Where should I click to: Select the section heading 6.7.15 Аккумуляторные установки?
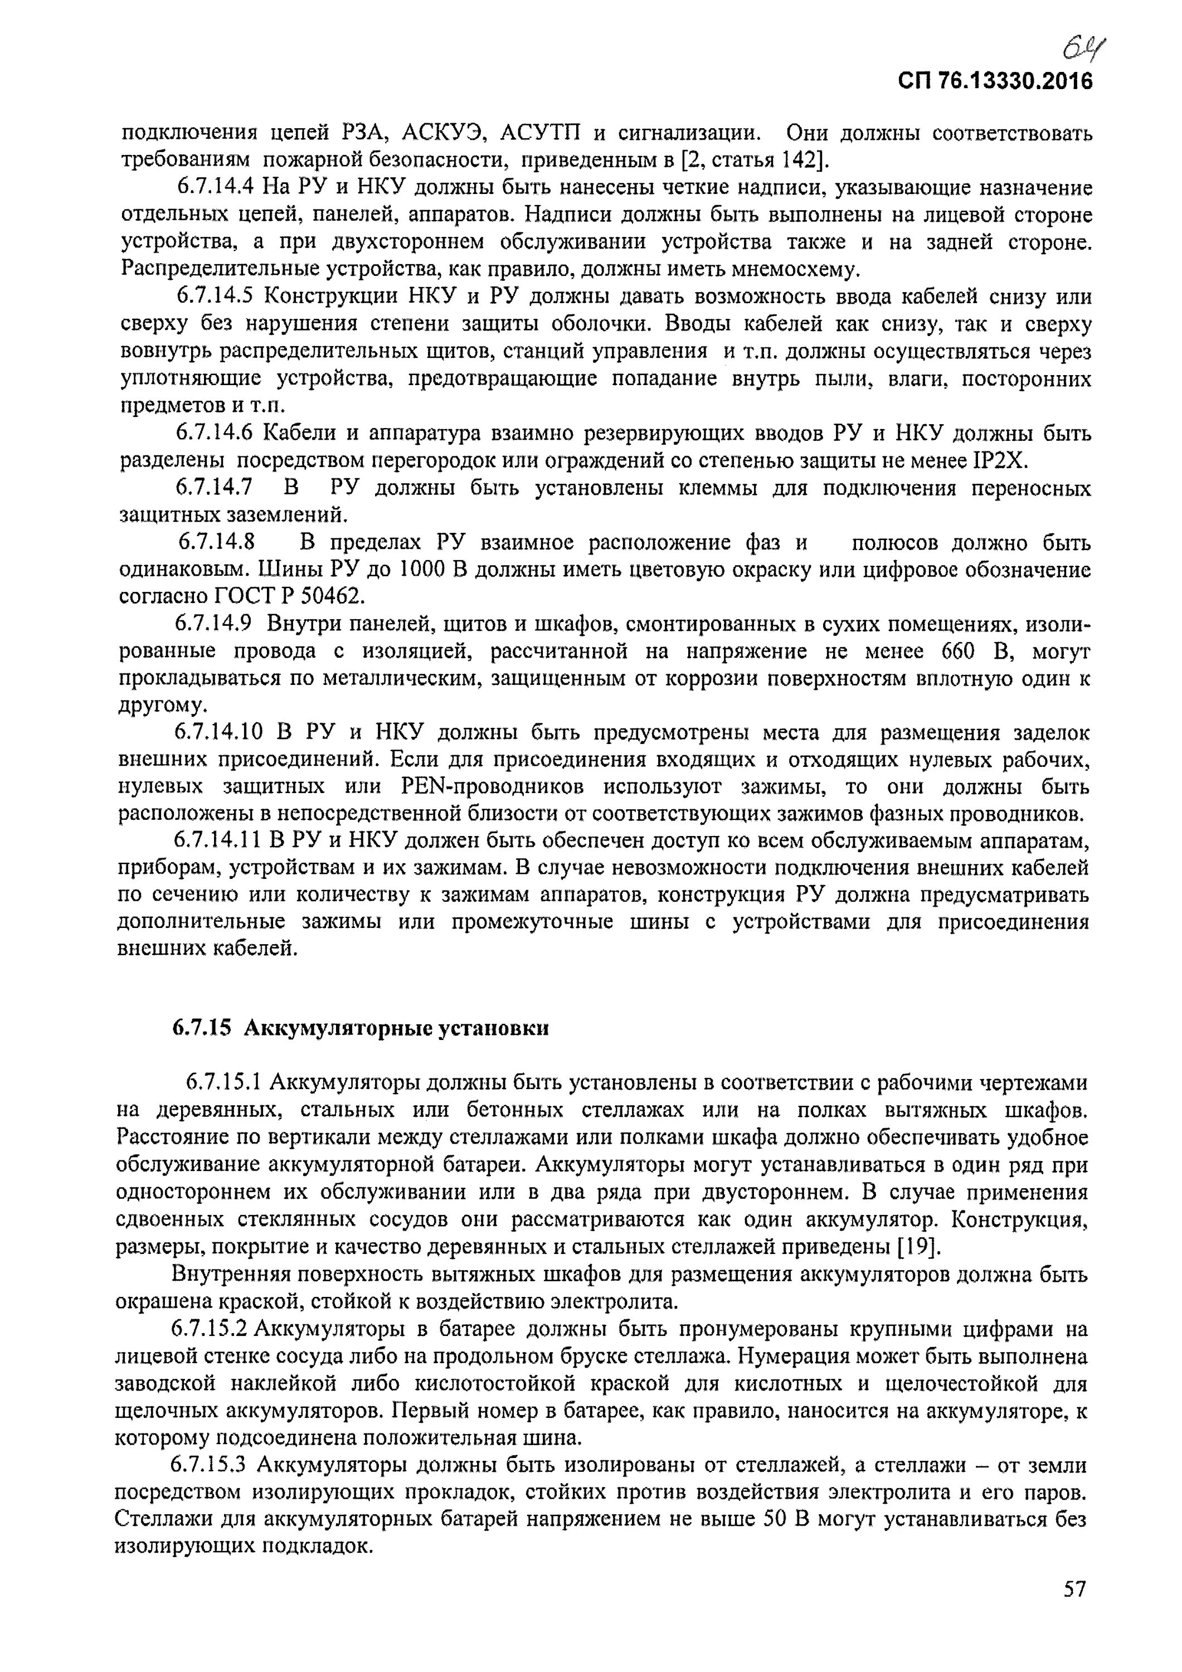pyautogui.click(x=361, y=1028)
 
